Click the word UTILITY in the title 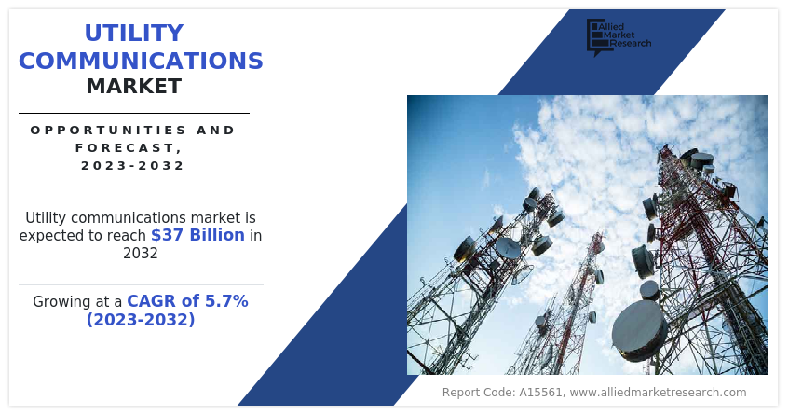(x=134, y=34)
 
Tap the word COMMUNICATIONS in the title (x=141, y=61)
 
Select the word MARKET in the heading (x=134, y=87)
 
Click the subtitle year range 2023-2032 (x=133, y=165)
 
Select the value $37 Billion (x=197, y=235)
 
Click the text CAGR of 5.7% (x=187, y=301)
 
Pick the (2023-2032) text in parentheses (x=141, y=320)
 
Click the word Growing (x=64, y=302)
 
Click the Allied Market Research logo (x=618, y=36)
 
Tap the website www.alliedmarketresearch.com (x=658, y=393)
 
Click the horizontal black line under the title (x=134, y=113)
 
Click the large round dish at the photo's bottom (x=639, y=329)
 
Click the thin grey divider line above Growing (x=141, y=284)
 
